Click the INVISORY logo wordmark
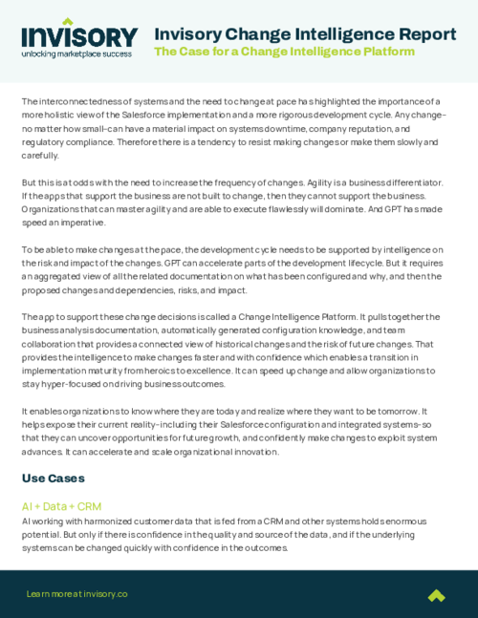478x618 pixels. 79,35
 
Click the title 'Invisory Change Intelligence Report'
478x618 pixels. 305,34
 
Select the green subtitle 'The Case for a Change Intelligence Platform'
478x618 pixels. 284,52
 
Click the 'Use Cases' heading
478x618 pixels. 54,478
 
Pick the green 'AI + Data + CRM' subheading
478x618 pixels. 61,506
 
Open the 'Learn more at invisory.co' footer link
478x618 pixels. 76,594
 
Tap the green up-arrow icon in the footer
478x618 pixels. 436,595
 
